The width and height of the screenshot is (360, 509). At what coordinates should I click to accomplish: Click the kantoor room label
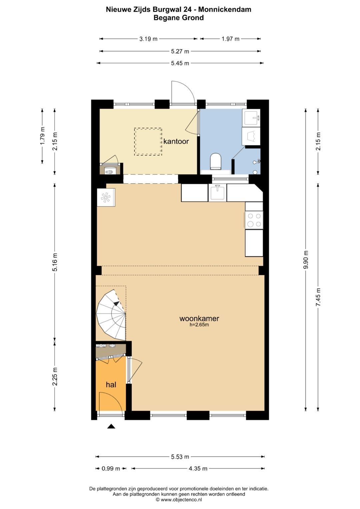click(x=176, y=141)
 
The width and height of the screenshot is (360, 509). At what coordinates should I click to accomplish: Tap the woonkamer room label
click(x=199, y=318)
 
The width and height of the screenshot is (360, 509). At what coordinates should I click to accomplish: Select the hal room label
click(x=111, y=385)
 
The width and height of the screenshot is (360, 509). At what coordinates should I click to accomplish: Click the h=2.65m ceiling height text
click(x=199, y=325)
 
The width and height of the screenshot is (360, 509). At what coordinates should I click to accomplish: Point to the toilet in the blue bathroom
click(x=216, y=161)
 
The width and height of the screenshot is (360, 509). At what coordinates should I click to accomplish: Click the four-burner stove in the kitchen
click(x=254, y=220)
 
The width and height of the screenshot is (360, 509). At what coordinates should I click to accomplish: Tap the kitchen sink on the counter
click(x=217, y=193)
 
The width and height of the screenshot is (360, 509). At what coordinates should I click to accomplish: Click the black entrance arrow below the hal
click(x=111, y=426)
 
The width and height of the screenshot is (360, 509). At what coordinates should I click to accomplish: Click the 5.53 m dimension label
click(x=180, y=457)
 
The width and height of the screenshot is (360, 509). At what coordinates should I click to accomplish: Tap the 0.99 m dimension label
click(x=111, y=469)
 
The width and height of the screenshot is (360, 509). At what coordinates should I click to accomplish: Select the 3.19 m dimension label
click(x=148, y=39)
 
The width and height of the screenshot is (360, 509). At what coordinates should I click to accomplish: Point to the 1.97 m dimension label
click(x=230, y=39)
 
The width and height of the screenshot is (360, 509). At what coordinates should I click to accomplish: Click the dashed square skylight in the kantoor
click(x=148, y=142)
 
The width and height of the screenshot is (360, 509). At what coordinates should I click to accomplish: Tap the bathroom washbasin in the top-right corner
click(x=252, y=118)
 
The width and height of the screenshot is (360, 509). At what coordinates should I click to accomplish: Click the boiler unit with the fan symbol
click(x=106, y=198)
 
